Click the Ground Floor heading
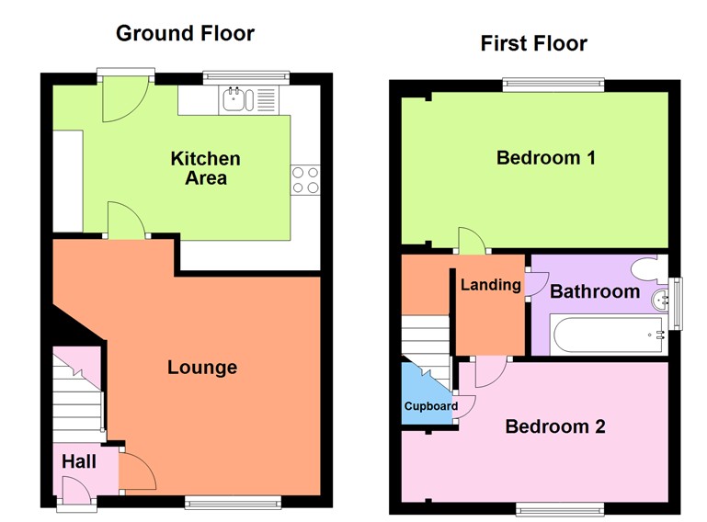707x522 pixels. click(185, 34)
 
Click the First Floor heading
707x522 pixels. click(533, 43)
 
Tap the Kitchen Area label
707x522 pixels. click(206, 168)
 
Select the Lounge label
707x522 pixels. click(202, 368)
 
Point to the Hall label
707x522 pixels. click(79, 462)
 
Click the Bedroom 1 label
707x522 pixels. click(546, 157)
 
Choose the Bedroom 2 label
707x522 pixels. click(555, 426)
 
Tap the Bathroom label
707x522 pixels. click(594, 291)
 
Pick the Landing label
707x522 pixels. click(490, 285)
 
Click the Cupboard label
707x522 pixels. click(430, 406)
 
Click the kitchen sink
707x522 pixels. click(235, 99)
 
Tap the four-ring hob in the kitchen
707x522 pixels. click(305, 179)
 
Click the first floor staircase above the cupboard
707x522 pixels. click(426, 339)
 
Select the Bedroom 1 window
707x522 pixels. click(553, 85)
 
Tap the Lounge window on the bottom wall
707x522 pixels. click(233, 501)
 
